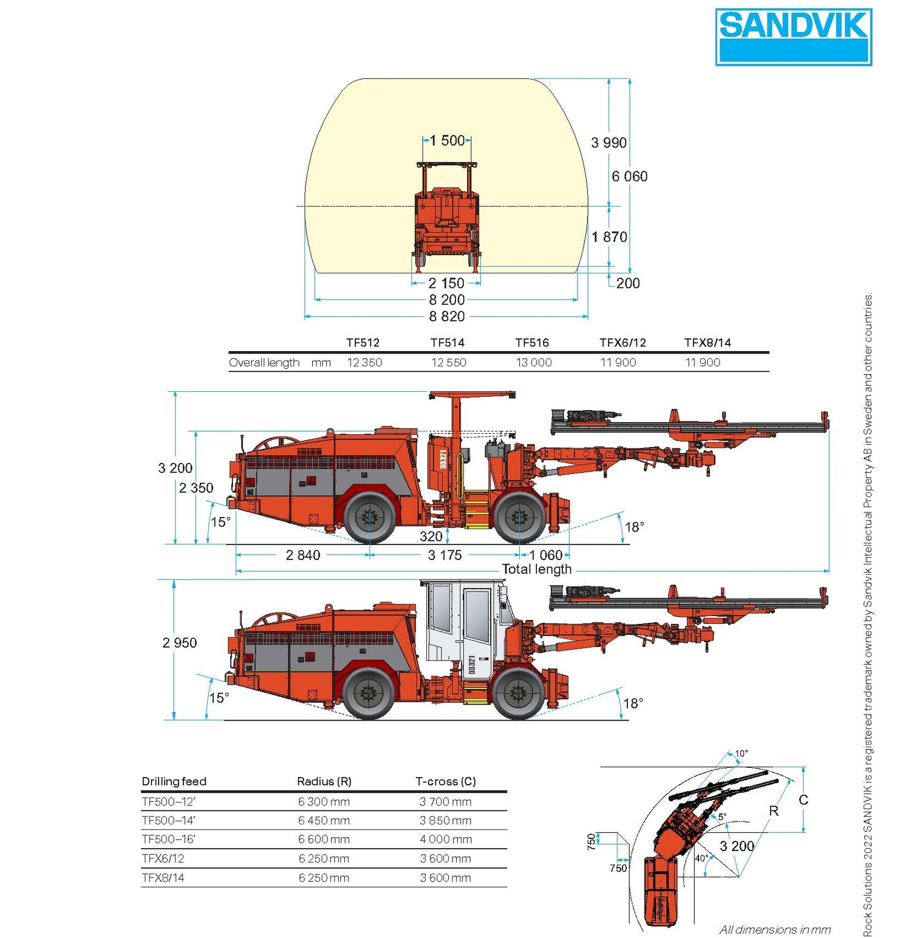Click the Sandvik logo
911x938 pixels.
[793, 37]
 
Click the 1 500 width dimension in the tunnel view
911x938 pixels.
[447, 141]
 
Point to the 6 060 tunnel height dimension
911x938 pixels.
[629, 176]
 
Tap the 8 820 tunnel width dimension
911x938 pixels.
[446, 317]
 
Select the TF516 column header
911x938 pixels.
[532, 343]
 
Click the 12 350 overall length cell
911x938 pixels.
[364, 363]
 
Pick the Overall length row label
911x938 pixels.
[264, 363]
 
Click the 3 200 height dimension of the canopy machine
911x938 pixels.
[175, 468]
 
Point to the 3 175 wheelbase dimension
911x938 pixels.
[445, 555]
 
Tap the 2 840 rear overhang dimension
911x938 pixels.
[302, 555]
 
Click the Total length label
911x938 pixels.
[536, 570]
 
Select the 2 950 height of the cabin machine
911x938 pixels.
[179, 643]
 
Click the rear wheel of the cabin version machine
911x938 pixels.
[368, 693]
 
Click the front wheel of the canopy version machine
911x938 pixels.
[520, 518]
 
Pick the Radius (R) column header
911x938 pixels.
[324, 782]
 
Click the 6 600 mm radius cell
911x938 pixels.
[324, 840]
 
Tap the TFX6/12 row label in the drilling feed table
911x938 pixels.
[163, 859]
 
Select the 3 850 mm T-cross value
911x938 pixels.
[445, 821]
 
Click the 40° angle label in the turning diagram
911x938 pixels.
[701, 858]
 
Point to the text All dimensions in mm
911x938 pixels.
[775, 929]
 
